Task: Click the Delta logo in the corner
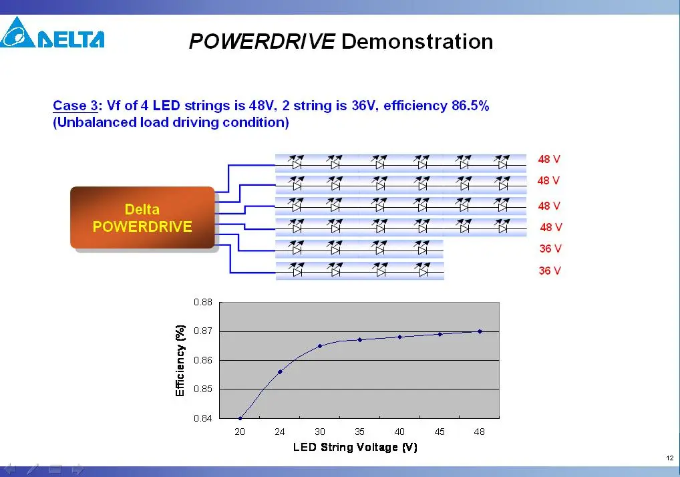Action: click(52, 33)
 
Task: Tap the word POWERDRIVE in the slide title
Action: click(262, 41)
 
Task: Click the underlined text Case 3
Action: click(75, 106)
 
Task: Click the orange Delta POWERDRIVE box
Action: click(142, 218)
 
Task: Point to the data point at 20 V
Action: click(240, 418)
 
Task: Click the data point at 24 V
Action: click(280, 371)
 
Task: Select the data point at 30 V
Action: click(320, 346)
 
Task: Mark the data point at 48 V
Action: click(480, 331)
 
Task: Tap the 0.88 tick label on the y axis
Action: click(203, 302)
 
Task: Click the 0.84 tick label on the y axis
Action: click(203, 418)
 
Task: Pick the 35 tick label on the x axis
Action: click(359, 432)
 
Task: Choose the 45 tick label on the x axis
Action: click(440, 432)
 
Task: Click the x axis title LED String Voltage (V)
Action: click(355, 447)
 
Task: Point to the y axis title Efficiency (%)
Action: click(180, 360)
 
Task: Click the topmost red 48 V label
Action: click(549, 159)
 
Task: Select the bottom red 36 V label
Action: click(550, 271)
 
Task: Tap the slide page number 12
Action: click(670, 458)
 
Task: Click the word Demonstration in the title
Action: click(417, 41)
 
